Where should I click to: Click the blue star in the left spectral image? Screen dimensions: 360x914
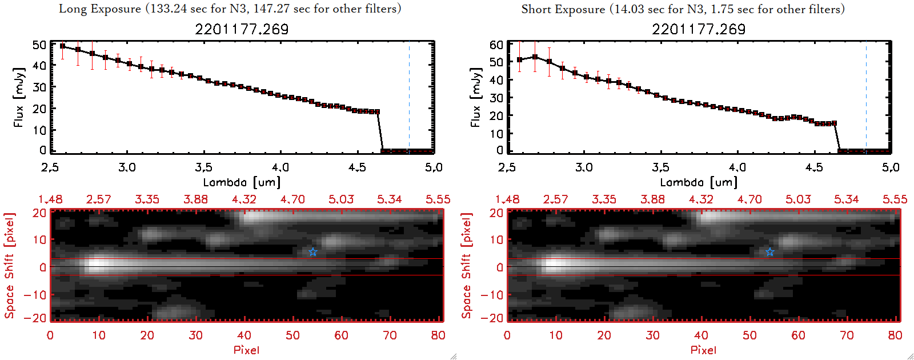click(x=312, y=252)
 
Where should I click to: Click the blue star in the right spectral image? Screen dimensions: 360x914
click(x=769, y=252)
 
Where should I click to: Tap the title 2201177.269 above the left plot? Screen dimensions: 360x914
click(x=242, y=29)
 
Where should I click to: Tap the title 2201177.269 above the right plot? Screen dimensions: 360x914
click(x=699, y=29)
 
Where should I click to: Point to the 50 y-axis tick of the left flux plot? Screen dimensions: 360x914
click(x=39, y=45)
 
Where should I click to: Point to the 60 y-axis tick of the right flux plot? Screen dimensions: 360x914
click(x=496, y=45)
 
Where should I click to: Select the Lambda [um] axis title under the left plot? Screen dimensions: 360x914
click(x=242, y=182)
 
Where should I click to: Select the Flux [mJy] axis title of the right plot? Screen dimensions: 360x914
click(x=475, y=97)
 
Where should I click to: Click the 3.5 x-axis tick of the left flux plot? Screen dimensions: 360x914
click(x=203, y=167)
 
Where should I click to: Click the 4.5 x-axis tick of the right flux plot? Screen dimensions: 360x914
click(x=814, y=167)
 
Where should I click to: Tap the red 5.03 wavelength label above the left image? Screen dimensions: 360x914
click(x=341, y=199)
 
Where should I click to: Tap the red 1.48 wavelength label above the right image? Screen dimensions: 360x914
click(x=507, y=199)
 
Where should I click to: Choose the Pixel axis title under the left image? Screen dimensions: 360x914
click(x=246, y=350)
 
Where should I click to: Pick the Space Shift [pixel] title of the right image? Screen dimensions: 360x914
click(x=467, y=266)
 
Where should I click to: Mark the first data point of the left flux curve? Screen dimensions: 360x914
click(x=62, y=46)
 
